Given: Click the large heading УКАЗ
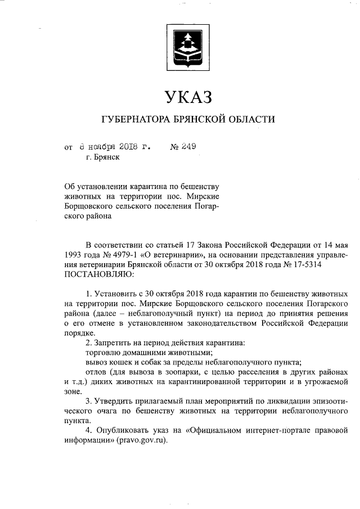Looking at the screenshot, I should coord(188,97).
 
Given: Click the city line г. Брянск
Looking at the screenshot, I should coord(103,157).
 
